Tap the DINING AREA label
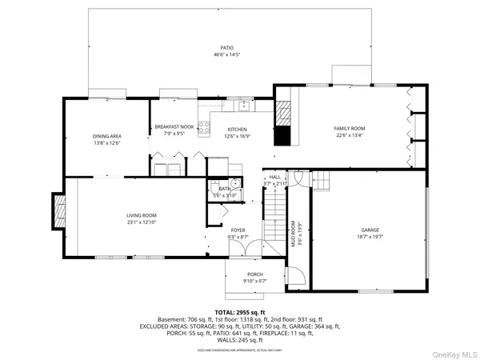tap(106, 136)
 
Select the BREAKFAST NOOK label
tap(174, 127)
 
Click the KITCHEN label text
tap(237, 129)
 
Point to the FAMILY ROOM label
tap(350, 128)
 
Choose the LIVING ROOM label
tap(141, 215)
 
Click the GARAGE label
tap(371, 230)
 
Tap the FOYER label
tap(239, 230)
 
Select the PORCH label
tap(254, 274)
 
